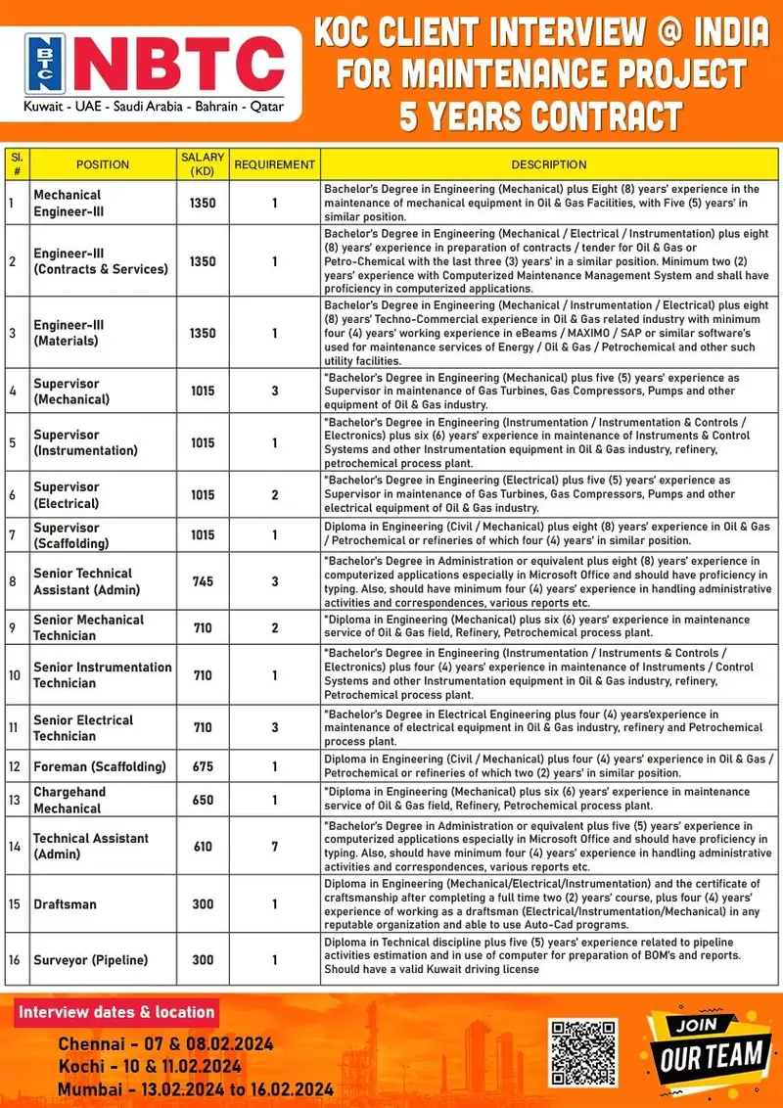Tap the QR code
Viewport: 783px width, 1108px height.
583,1053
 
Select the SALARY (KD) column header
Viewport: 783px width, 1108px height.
203,164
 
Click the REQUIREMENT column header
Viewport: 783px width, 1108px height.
274,164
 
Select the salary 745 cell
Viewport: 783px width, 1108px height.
203,581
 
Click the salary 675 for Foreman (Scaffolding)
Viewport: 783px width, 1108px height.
203,766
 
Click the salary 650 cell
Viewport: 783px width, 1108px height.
203,800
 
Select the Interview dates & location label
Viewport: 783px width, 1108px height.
116,1012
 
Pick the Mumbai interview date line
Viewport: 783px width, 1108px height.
195,1088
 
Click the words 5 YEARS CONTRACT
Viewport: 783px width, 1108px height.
540,115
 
